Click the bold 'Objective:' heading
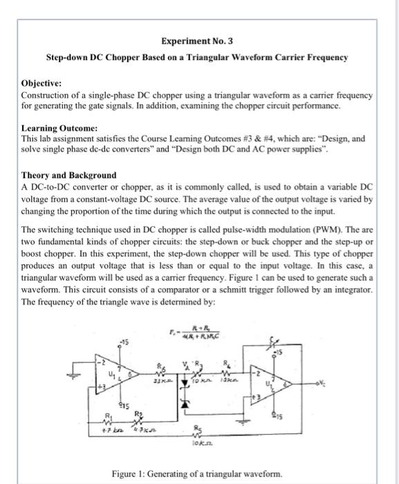click(x=43, y=82)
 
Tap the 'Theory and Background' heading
click(x=69, y=175)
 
